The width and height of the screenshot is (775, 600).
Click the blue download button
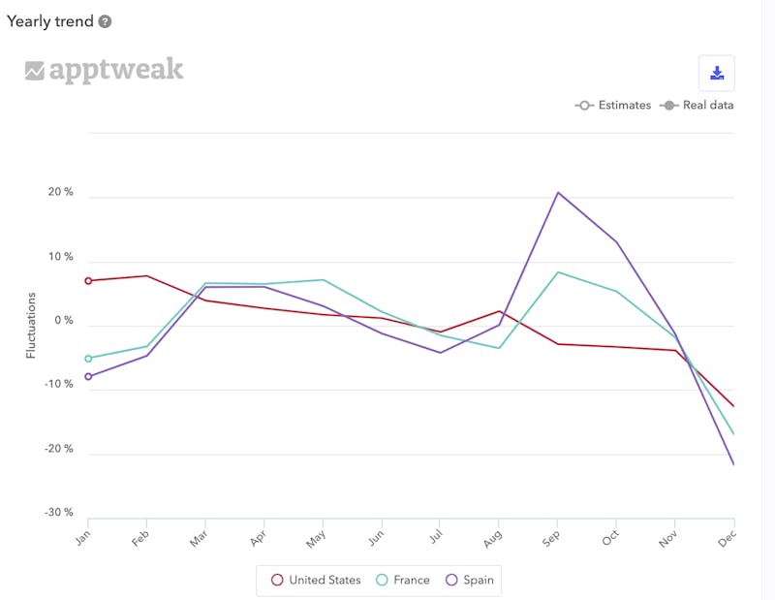(x=717, y=73)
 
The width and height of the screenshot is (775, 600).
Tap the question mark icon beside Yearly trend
(x=105, y=21)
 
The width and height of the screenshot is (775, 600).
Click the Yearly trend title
(x=49, y=21)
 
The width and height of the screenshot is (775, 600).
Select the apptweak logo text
(x=115, y=70)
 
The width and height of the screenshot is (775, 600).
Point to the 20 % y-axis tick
(x=61, y=192)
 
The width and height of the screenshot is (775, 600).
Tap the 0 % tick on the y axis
(x=64, y=321)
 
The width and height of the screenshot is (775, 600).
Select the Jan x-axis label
(x=82, y=538)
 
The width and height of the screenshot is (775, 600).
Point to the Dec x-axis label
(x=728, y=538)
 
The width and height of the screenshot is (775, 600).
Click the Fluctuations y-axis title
(x=31, y=325)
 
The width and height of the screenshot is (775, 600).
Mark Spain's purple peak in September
(x=558, y=193)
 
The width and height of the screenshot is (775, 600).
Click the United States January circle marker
(x=88, y=281)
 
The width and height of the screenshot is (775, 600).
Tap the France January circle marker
(x=88, y=359)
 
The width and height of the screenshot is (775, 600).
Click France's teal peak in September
(x=558, y=272)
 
